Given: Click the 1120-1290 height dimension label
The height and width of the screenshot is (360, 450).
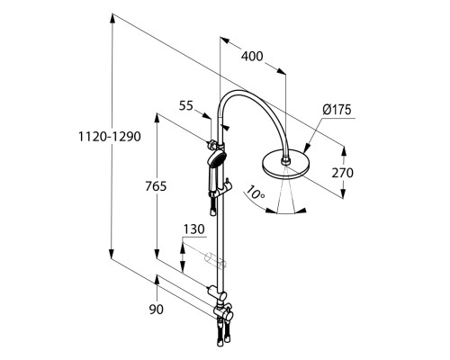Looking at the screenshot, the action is pyautogui.click(x=110, y=137).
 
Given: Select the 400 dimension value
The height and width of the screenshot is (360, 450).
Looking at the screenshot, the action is pyautogui.click(x=252, y=57).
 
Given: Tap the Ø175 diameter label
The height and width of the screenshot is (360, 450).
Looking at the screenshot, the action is pyautogui.click(x=337, y=110).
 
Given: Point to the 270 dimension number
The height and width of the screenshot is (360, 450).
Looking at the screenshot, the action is pyautogui.click(x=342, y=173).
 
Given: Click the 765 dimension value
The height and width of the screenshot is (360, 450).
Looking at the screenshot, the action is pyautogui.click(x=156, y=186).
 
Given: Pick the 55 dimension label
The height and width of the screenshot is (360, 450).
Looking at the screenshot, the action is pyautogui.click(x=186, y=105).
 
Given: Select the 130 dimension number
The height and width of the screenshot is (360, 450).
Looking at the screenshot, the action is pyautogui.click(x=193, y=229).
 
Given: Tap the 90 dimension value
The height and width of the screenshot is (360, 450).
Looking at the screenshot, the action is pyautogui.click(x=157, y=310).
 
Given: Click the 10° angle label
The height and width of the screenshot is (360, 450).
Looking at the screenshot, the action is pyautogui.click(x=255, y=193).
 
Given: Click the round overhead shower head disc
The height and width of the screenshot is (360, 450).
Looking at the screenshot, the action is pyautogui.click(x=285, y=166).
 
